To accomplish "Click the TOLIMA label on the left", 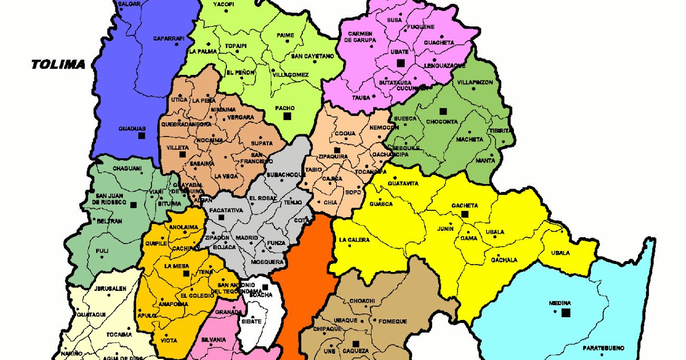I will [x=58, y=65].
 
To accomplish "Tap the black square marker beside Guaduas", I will [x=141, y=135].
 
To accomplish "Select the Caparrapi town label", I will [x=169, y=39].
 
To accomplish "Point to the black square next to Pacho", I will [x=288, y=116].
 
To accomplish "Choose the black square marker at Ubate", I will [x=401, y=62].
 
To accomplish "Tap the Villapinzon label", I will [x=474, y=82].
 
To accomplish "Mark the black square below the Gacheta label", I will [x=465, y=214].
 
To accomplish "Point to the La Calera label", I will [x=354, y=240].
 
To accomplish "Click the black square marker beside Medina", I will [x=566, y=313].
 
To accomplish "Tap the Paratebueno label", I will [x=601, y=347].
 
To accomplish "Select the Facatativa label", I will [x=226, y=210].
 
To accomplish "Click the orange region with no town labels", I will [x=303, y=280].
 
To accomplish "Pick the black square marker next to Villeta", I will [x=183, y=154].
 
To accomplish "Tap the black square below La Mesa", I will [x=186, y=274].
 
